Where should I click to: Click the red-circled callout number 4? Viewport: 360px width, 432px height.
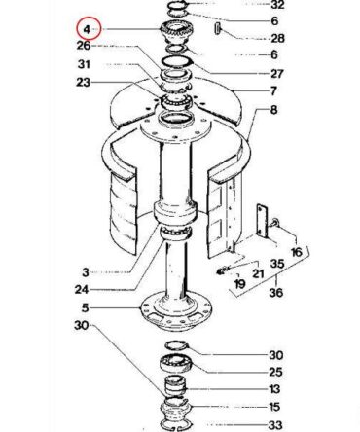pyautogui.click(x=87, y=29)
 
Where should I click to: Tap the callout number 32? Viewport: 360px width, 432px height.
pyautogui.click(x=277, y=5)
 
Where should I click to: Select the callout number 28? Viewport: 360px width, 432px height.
pyautogui.click(x=277, y=38)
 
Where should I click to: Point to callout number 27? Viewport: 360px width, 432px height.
pyautogui.click(x=277, y=74)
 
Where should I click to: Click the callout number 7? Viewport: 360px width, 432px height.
pyautogui.click(x=273, y=91)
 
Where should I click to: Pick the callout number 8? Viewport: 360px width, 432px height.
pyautogui.click(x=274, y=110)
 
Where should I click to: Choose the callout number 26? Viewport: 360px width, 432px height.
pyautogui.click(x=84, y=46)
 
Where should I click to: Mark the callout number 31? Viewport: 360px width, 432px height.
pyautogui.click(x=84, y=64)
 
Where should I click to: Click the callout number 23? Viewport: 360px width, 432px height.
pyautogui.click(x=83, y=82)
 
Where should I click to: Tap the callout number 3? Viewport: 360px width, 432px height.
pyautogui.click(x=86, y=272)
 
